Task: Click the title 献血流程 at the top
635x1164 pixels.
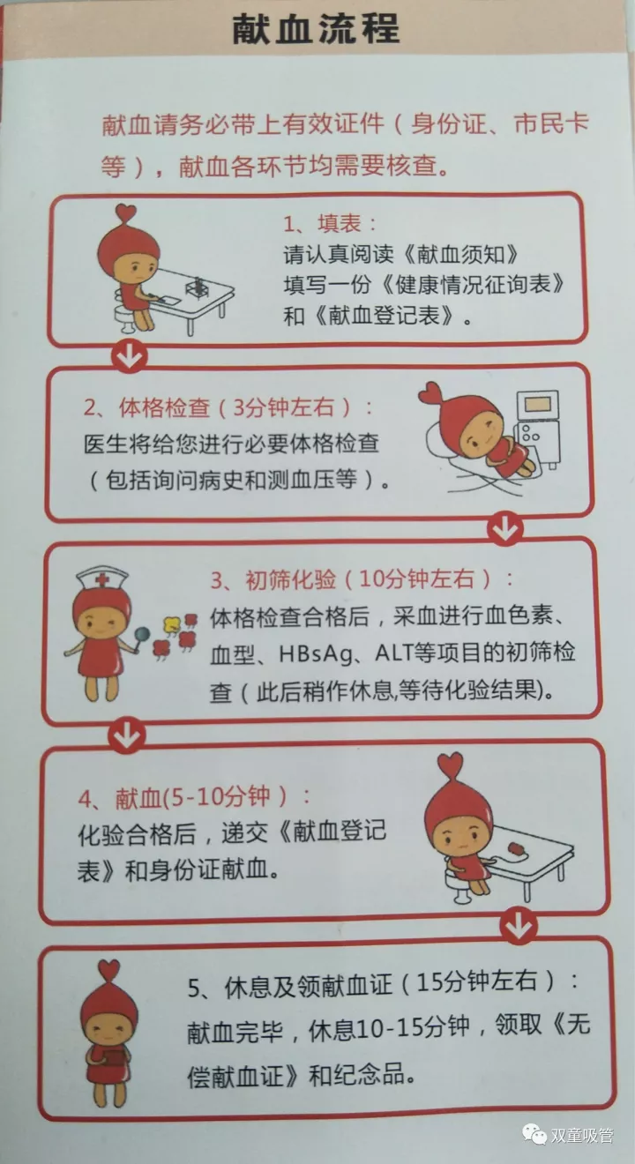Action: [316, 28]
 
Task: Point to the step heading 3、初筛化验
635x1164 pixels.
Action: [273, 579]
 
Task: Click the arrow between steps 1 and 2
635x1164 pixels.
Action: [130, 356]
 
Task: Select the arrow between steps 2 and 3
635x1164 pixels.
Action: [504, 528]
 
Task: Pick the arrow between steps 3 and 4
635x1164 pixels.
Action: [127, 735]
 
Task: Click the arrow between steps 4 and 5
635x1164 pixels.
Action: [518, 926]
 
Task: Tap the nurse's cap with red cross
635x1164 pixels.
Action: [101, 578]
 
